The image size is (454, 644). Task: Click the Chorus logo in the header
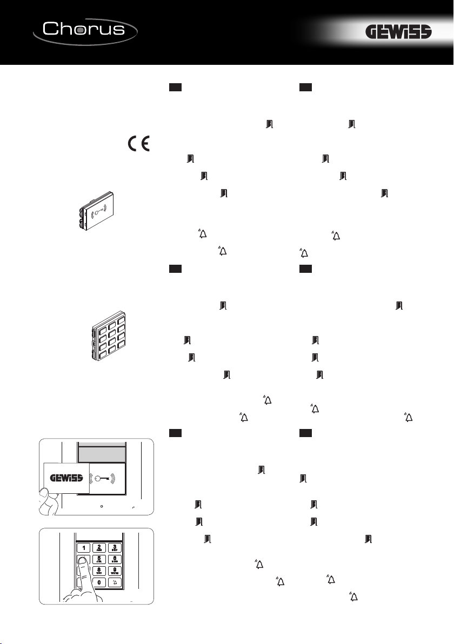[x=85, y=31]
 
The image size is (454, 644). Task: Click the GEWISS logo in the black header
[x=398, y=32]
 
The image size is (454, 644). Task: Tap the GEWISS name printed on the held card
[x=66, y=478]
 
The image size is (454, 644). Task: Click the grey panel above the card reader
[x=101, y=455]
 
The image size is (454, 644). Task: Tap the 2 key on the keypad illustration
[x=99, y=548]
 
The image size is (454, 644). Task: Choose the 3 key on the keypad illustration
[x=115, y=548]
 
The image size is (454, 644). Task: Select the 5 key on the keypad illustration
[x=99, y=559]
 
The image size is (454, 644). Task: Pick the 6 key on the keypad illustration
[x=115, y=559]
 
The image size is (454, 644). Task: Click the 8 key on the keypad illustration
[x=99, y=571]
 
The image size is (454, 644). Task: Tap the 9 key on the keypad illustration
[x=115, y=571]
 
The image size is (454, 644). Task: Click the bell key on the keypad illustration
[x=115, y=582]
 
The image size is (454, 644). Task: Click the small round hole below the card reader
[x=101, y=506]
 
